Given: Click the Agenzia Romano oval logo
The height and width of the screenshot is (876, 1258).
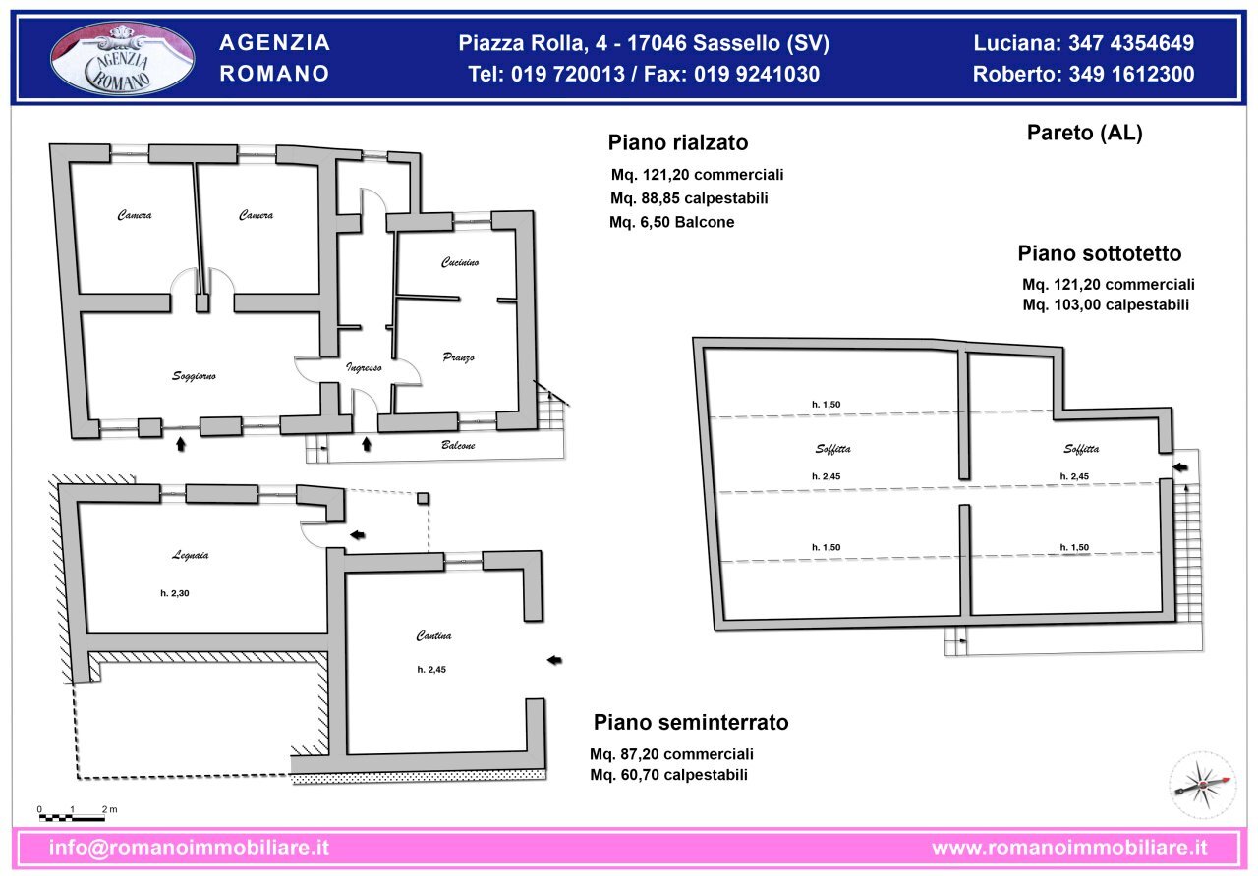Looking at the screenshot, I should pos(123,59).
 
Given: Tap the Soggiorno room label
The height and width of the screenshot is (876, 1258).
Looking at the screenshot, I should pos(194,376).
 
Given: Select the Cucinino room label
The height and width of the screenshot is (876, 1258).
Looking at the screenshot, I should pos(459,263).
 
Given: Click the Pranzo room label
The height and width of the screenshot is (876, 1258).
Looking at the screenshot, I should pos(458,357).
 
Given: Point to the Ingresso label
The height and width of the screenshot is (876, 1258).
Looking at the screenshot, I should pos(364,367).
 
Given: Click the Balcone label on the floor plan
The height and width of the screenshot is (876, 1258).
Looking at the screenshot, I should pos(458,446).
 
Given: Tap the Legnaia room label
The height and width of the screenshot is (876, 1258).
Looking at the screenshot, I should pos(190,555).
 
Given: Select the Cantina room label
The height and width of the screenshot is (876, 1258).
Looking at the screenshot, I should pos(433,636).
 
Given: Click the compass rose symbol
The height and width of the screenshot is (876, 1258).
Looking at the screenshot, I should pos(1202,785).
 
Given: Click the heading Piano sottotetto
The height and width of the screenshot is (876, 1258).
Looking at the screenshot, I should pos(1099,253).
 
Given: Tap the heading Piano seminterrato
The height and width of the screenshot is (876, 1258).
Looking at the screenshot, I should pos(691,723).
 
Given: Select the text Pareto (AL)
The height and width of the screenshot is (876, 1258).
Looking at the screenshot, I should pos(1084,134).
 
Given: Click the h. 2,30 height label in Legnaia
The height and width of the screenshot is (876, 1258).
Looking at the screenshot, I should pos(175,593).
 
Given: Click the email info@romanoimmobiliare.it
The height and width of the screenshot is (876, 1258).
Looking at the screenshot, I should pos(189,848).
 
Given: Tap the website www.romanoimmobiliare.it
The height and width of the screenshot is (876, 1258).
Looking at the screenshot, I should pos(1069,848).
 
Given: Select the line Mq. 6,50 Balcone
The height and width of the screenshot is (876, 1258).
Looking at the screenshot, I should pos(671,223).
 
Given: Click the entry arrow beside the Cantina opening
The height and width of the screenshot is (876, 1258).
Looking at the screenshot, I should pos(555,660).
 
